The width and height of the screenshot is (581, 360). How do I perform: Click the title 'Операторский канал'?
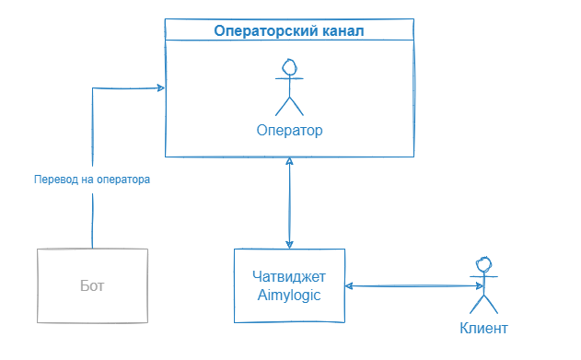[x=288, y=31]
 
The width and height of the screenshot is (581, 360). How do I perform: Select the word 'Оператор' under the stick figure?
[x=290, y=130]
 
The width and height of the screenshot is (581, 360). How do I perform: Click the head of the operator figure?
[x=290, y=67]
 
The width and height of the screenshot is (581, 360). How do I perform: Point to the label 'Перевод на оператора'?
[x=91, y=180]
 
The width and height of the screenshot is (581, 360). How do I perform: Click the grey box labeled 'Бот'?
[x=92, y=285]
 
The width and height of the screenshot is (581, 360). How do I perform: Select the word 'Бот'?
[x=92, y=285]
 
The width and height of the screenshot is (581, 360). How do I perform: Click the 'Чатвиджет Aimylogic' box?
[x=289, y=285]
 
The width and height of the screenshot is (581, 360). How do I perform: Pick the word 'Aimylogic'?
[x=289, y=294]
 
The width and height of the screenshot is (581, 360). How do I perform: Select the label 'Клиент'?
[x=482, y=328]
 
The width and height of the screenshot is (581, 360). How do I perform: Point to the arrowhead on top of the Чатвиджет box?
[x=290, y=244]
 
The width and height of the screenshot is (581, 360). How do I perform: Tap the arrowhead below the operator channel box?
[x=290, y=162]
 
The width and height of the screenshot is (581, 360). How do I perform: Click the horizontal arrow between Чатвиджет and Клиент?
[x=408, y=286]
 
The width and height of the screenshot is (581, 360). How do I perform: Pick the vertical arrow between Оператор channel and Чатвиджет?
[x=290, y=203]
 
